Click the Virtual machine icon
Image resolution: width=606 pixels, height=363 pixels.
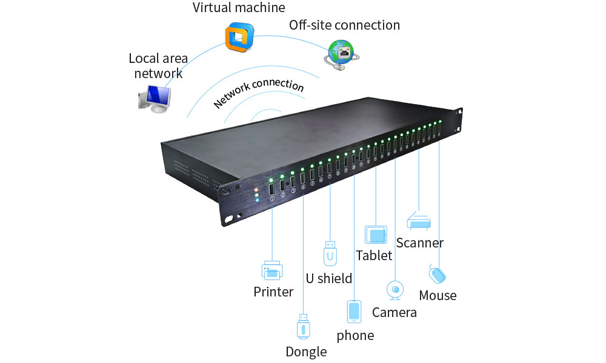[238, 37]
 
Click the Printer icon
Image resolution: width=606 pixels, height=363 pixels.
[271, 270]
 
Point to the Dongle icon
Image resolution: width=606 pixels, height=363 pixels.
[304, 326]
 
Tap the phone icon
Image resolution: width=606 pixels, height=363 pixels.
[354, 312]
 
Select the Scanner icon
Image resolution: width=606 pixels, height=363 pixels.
[419, 220]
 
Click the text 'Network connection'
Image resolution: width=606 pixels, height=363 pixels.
[259, 93]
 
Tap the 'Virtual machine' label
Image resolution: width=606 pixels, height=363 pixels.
[239, 8]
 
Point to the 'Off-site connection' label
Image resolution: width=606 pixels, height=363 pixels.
[344, 25]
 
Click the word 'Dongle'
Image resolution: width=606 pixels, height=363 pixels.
[306, 352]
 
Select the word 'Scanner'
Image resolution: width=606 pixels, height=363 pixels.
[419, 243]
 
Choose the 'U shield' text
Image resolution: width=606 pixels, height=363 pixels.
[328, 278]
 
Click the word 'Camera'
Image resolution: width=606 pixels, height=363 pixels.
[395, 312]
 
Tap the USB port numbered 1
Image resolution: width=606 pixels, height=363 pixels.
[271, 188]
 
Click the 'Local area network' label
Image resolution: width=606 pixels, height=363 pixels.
[158, 66]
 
